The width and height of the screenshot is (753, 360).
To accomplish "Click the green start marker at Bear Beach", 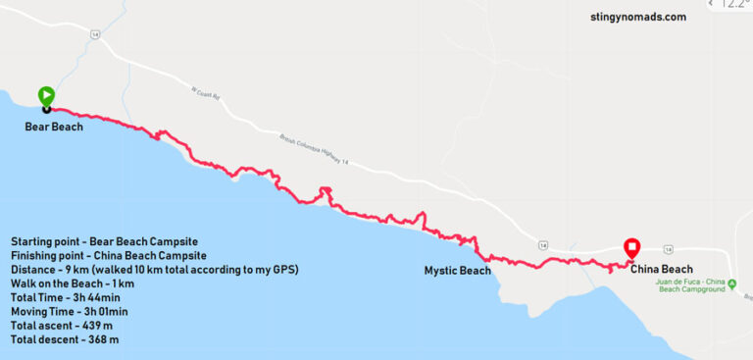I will tap(46, 96).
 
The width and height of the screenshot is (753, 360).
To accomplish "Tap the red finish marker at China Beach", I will tap(632, 248).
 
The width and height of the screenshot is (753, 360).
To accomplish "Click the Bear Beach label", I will tap(54, 127).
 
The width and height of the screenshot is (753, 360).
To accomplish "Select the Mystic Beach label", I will tap(457, 271).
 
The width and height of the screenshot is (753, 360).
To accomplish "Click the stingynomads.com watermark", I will tap(638, 17).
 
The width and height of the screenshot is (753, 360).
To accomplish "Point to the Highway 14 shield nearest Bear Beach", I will tap(94, 33).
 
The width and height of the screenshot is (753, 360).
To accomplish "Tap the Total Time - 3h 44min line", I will tap(66, 297).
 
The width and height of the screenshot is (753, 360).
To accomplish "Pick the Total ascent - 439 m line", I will tap(65, 326).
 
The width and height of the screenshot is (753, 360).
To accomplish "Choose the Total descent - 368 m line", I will tap(66, 340).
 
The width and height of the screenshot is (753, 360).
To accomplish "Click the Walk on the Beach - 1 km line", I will tap(73, 283).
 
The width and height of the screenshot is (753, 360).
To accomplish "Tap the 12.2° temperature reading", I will tap(732, 4).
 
